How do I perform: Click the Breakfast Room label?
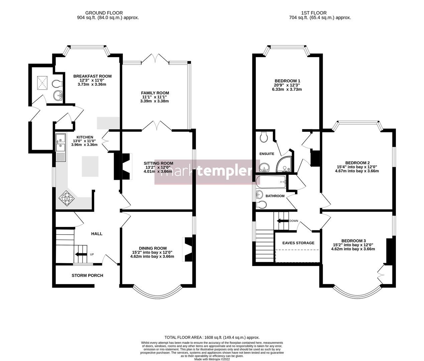coord(92,76)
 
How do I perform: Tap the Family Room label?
coord(155,93)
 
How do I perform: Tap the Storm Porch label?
coord(87,275)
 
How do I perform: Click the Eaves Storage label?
coord(298,243)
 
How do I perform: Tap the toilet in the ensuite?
coord(264,136)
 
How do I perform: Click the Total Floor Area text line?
coord(212,338)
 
